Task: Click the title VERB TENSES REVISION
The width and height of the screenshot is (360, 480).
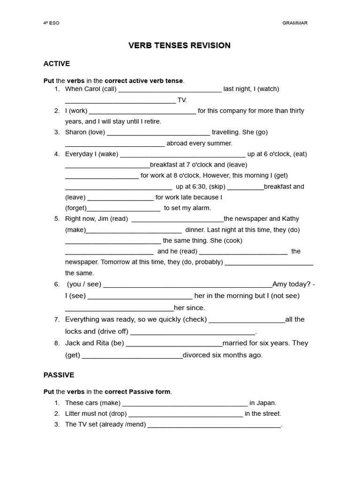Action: (x=180, y=45)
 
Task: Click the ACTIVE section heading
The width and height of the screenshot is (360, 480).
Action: (x=56, y=63)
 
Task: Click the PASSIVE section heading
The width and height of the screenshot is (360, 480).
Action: (x=59, y=375)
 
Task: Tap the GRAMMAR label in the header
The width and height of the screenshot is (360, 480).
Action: (x=295, y=23)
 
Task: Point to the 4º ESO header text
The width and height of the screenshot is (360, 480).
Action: (x=51, y=23)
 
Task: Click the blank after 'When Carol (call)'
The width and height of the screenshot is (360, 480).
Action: (x=170, y=90)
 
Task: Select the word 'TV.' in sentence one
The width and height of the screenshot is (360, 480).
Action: (x=182, y=100)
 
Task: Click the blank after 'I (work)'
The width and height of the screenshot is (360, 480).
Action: (x=142, y=112)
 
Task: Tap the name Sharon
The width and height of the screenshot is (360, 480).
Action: (x=75, y=132)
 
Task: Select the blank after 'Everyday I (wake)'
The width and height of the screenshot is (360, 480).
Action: (x=183, y=155)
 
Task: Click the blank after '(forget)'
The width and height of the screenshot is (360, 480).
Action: (x=124, y=209)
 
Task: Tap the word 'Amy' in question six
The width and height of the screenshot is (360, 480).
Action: (x=280, y=284)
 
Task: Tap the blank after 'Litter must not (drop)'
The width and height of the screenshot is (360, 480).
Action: (x=186, y=414)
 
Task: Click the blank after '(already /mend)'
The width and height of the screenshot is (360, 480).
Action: (x=214, y=425)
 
